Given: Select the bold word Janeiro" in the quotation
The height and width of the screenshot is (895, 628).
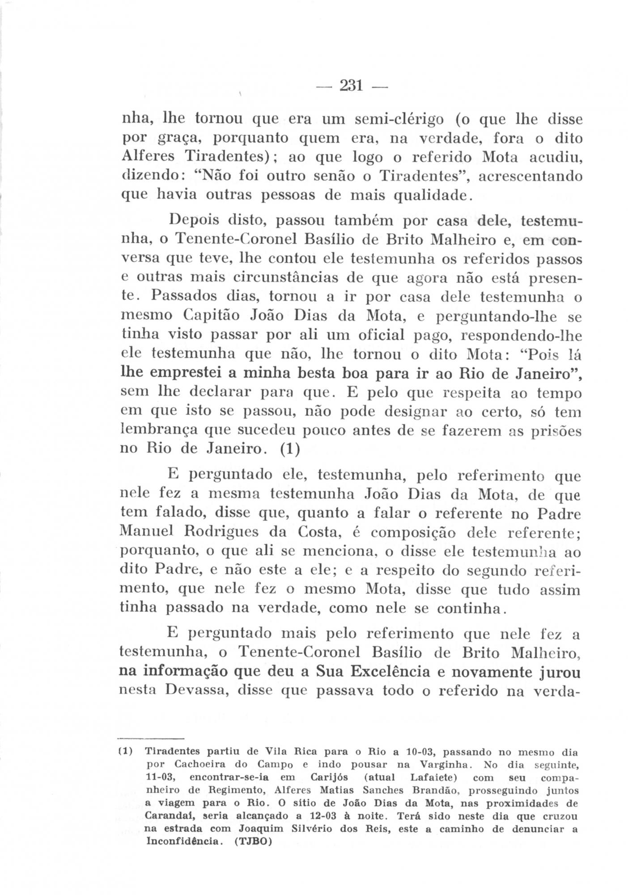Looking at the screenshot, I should [545, 372].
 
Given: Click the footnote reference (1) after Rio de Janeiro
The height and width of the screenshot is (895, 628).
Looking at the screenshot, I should [290, 449].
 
